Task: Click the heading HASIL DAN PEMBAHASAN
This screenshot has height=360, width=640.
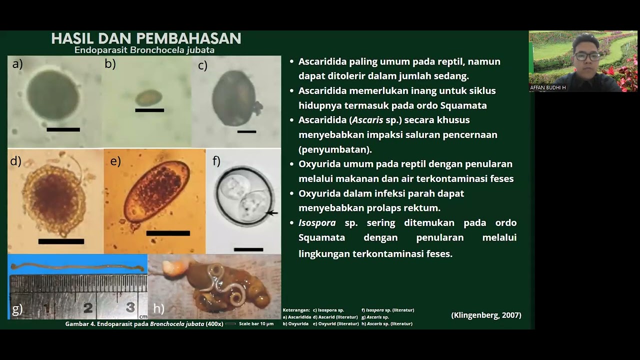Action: point(146,38)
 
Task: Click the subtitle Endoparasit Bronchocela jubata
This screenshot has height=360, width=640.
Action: point(144,50)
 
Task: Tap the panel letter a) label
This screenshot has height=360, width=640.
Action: point(17,63)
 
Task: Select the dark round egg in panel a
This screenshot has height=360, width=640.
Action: point(53,94)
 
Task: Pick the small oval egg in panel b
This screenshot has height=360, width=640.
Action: point(148,97)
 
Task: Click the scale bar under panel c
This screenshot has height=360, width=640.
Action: point(246,131)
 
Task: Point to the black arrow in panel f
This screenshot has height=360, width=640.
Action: point(271,213)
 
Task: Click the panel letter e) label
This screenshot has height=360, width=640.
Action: point(115,161)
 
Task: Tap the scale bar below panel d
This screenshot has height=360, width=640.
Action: point(61,241)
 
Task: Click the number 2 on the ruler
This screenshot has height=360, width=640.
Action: point(88,307)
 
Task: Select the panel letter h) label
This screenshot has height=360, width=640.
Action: point(158,309)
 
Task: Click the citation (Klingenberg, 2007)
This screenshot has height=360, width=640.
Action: point(486,315)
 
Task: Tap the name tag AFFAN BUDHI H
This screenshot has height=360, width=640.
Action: point(548,87)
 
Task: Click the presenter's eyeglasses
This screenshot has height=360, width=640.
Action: point(587,56)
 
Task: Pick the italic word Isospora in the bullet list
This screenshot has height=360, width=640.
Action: point(317,222)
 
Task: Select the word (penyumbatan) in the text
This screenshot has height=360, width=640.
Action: point(335,149)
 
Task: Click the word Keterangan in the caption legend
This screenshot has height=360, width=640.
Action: point(296,310)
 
